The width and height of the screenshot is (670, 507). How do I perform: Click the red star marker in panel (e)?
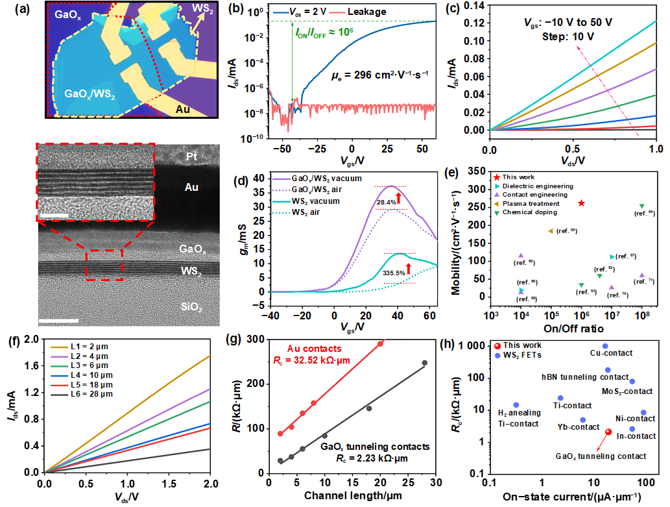[x=581, y=203]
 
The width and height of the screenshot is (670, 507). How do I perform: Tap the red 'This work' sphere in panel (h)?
[x=608, y=432]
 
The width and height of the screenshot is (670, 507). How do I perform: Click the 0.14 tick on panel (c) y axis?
[x=476, y=5]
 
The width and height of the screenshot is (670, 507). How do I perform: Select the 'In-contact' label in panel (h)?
[x=636, y=437]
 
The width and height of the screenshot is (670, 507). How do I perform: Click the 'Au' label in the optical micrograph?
[x=183, y=110]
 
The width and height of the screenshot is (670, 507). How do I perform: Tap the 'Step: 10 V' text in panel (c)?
[x=570, y=37]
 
